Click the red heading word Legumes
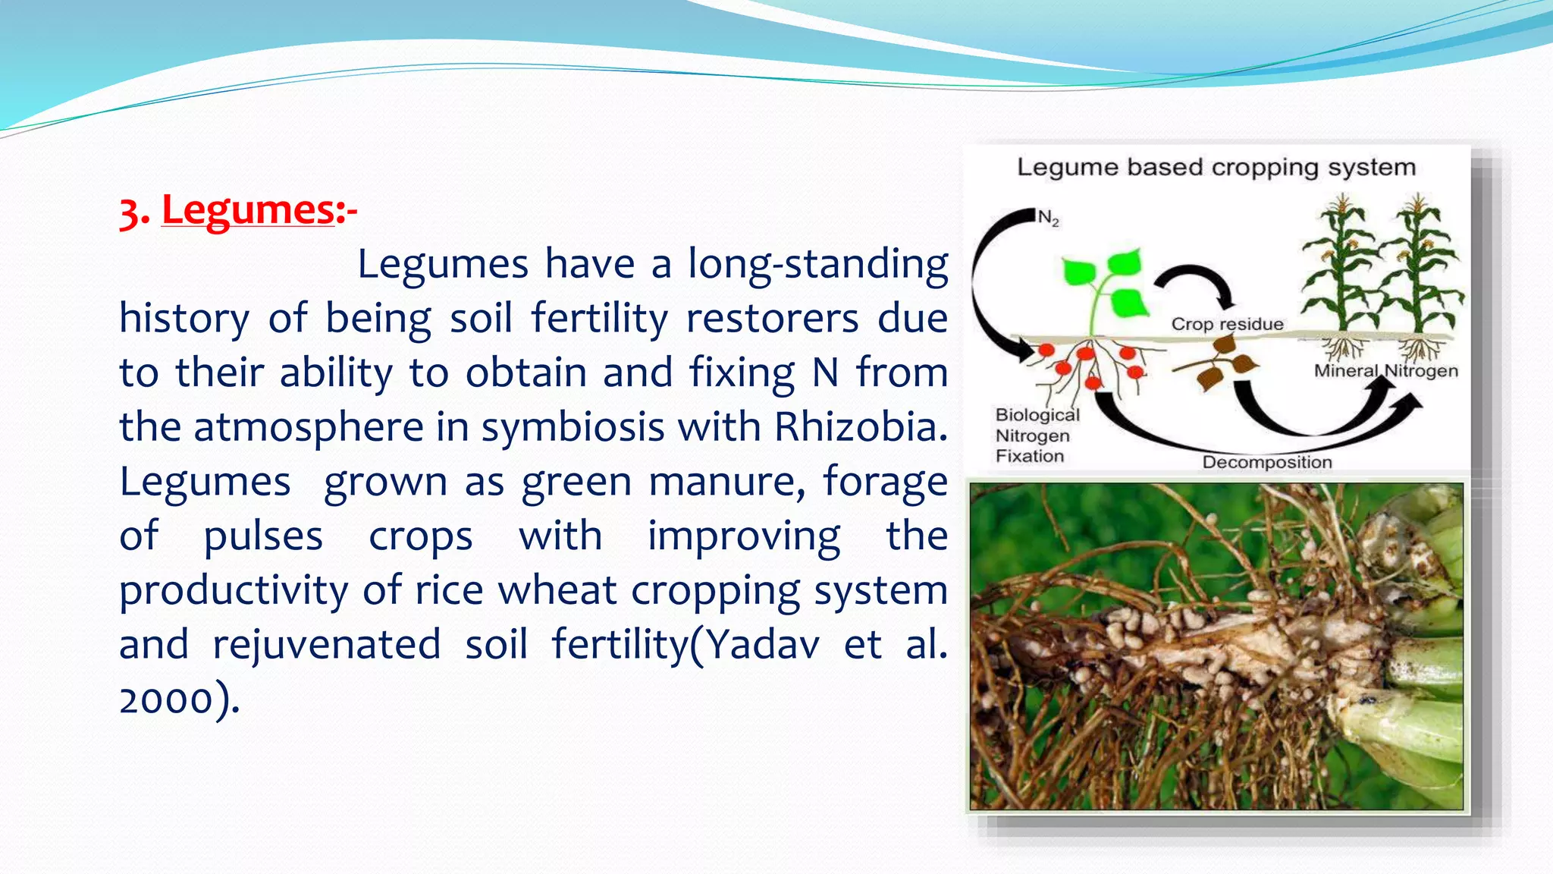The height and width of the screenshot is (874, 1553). point(248,210)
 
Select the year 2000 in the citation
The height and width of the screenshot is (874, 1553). point(166,699)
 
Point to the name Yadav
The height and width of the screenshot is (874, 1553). point(763,645)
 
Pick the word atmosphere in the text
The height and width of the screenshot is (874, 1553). point(309,427)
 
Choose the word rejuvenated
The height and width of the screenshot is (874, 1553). point(326,645)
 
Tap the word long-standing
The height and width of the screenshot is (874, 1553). point(817,264)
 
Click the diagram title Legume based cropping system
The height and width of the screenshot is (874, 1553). point(1216,167)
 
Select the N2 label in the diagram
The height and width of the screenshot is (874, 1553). point(1048,218)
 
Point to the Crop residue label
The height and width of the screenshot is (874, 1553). point(1227,324)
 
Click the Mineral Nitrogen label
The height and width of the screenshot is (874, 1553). point(1385,371)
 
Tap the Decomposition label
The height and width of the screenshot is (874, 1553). point(1266,462)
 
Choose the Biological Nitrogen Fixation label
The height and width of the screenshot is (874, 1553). point(1035,435)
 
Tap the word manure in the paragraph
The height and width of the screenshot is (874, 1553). point(727,482)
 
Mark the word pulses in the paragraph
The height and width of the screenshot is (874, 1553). point(263,536)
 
